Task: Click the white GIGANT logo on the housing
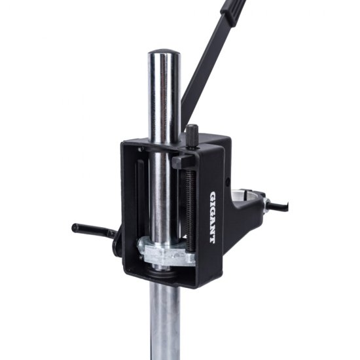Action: point(213,217)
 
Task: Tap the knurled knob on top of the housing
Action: point(192,137)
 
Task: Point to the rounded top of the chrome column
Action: point(164,52)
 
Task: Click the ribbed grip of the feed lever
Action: point(233,11)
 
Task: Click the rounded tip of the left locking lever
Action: point(75,227)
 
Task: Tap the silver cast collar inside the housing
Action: point(166,253)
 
